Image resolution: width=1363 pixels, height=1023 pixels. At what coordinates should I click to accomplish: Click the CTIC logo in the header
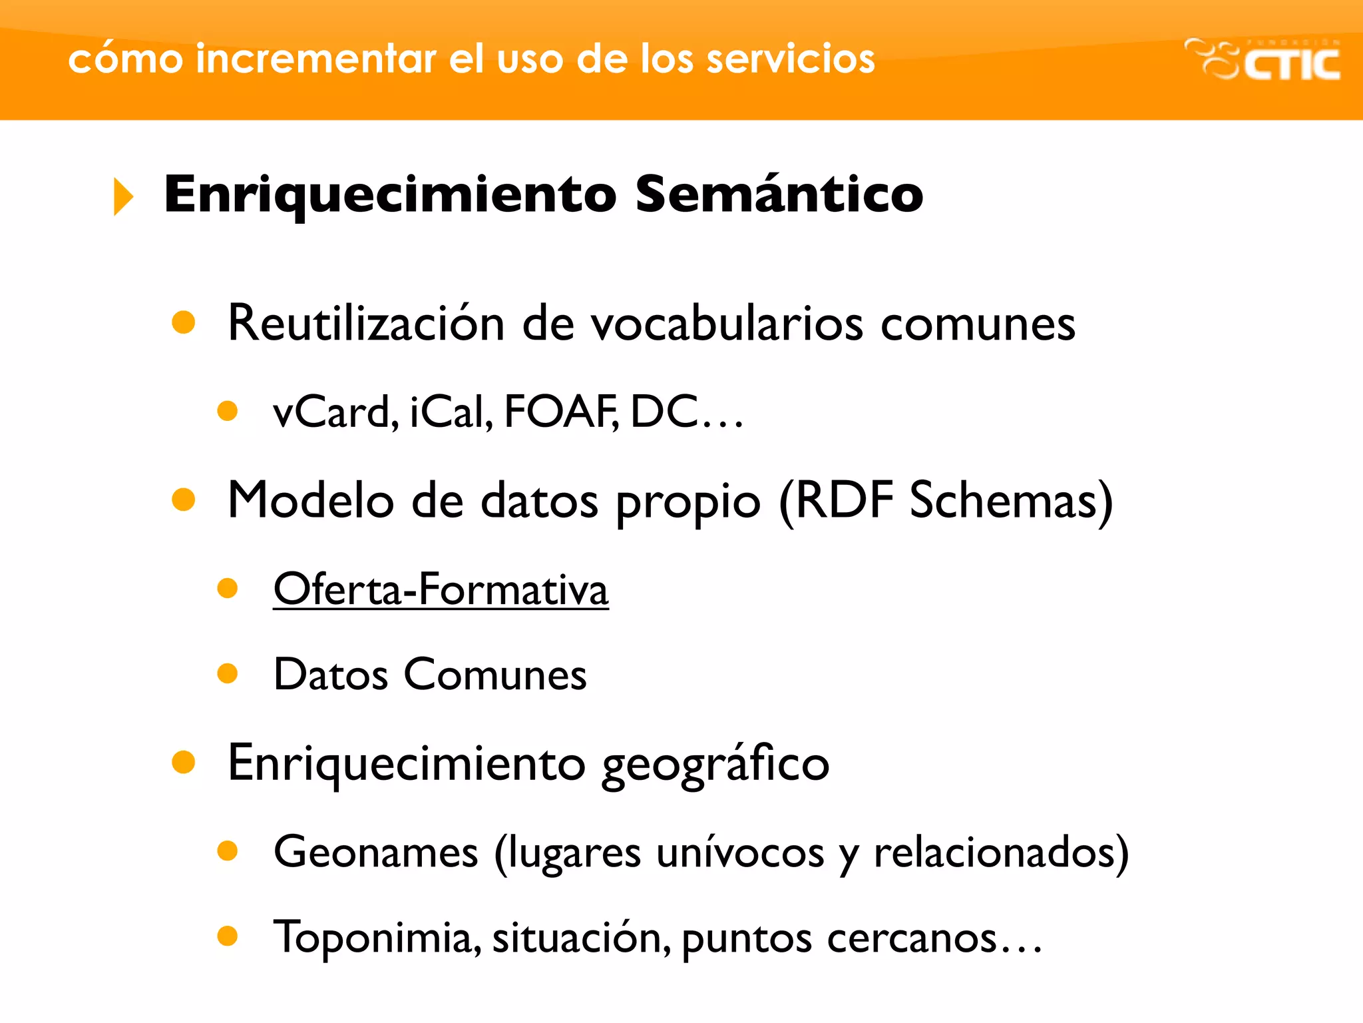(x=1263, y=60)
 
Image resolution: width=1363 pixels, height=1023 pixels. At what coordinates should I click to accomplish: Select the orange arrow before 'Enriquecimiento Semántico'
(x=123, y=196)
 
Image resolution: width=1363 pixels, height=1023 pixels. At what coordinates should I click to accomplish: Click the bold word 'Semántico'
(x=779, y=194)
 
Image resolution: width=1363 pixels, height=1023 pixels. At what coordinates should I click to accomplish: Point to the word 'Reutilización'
(x=366, y=323)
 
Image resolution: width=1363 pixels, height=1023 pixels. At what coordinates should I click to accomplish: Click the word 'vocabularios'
(x=728, y=323)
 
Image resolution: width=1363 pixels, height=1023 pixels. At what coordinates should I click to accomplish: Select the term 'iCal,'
(x=451, y=412)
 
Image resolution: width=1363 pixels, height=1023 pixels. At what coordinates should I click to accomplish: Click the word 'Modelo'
(x=311, y=500)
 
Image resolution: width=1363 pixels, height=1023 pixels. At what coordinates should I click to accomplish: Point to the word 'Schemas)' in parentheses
(x=1010, y=500)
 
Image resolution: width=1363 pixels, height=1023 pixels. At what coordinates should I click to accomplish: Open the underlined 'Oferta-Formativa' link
(x=441, y=589)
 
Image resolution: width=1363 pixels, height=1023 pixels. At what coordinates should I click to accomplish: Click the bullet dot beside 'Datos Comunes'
(x=228, y=673)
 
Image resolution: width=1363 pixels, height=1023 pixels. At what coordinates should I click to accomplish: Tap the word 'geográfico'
(x=715, y=764)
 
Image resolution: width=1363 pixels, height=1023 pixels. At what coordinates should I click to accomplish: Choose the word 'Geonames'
(x=376, y=852)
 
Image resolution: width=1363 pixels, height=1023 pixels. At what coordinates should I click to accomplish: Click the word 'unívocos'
(x=740, y=852)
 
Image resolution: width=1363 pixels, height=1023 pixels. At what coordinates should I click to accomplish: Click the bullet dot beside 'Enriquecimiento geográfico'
(x=183, y=762)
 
